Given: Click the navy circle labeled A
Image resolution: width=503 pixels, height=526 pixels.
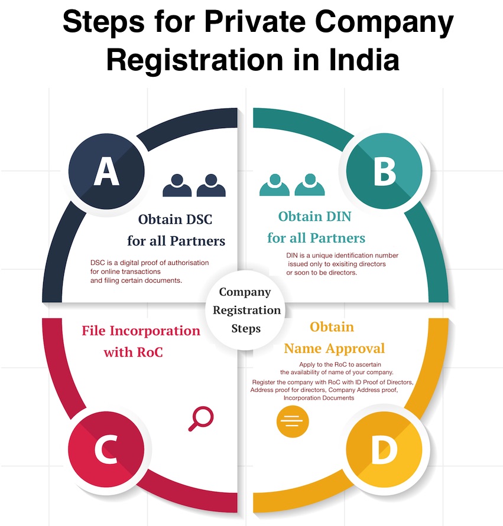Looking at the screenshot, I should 106,172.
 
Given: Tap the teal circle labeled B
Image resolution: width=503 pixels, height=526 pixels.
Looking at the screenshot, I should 384,172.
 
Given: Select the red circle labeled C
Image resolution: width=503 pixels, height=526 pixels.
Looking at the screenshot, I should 106,452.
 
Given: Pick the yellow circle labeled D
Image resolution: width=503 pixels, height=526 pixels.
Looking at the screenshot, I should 384,452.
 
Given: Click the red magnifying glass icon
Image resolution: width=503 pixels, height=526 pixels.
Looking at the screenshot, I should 200,419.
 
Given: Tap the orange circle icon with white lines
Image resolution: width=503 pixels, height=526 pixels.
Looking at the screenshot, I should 293,421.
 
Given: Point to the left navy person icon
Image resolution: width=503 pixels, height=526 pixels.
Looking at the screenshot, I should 177,185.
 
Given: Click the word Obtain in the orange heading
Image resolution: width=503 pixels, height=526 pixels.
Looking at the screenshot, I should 332,326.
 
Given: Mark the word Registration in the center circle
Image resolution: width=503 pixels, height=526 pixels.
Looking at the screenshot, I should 246,310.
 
